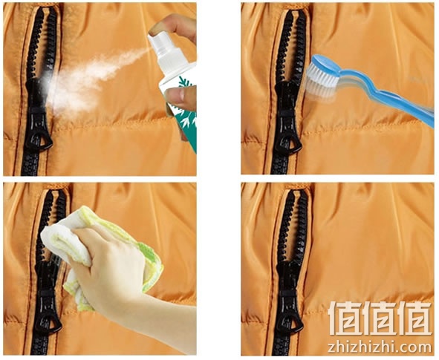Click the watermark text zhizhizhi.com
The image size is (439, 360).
point(380,347)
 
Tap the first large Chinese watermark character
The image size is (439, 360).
point(343,318)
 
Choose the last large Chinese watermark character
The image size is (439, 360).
point(414,318)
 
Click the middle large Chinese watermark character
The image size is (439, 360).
point(379,318)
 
